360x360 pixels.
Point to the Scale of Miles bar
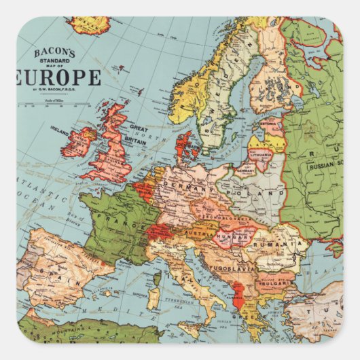[54, 104]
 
